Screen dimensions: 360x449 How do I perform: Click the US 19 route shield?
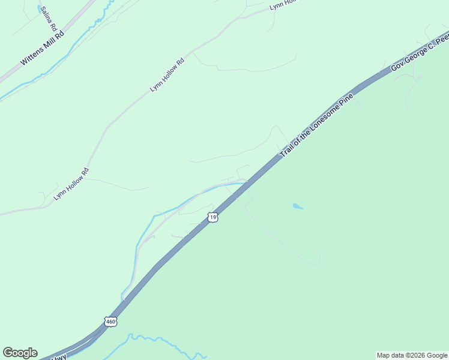212,217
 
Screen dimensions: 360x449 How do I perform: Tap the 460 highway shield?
110,322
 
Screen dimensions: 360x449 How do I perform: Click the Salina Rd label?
49,19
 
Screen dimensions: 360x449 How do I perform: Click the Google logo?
20,353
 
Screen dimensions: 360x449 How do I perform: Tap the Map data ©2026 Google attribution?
412,355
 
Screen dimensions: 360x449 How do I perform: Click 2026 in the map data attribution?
418,355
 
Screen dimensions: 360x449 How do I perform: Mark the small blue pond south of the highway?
298,207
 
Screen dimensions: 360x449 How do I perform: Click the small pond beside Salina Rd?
40,9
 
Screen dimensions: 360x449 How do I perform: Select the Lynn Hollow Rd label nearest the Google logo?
71,184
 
